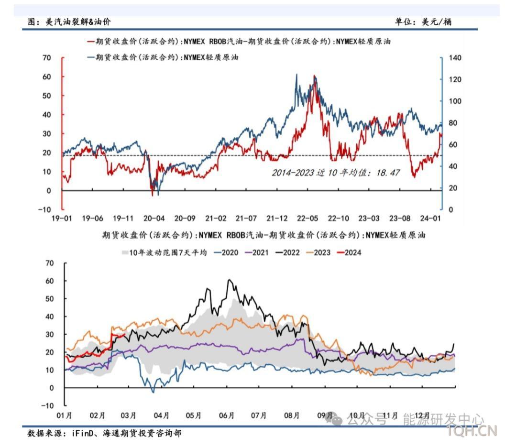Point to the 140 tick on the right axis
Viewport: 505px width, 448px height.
[455, 58]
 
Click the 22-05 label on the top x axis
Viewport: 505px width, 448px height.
[307, 219]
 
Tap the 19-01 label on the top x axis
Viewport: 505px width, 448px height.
[62, 219]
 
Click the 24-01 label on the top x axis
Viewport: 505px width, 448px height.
[430, 219]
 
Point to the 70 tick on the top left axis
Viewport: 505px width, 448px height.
[46, 58]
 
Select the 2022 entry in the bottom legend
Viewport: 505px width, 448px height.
[291, 252]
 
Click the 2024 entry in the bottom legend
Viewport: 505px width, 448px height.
[352, 252]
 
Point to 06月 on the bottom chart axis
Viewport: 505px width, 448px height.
[227, 415]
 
